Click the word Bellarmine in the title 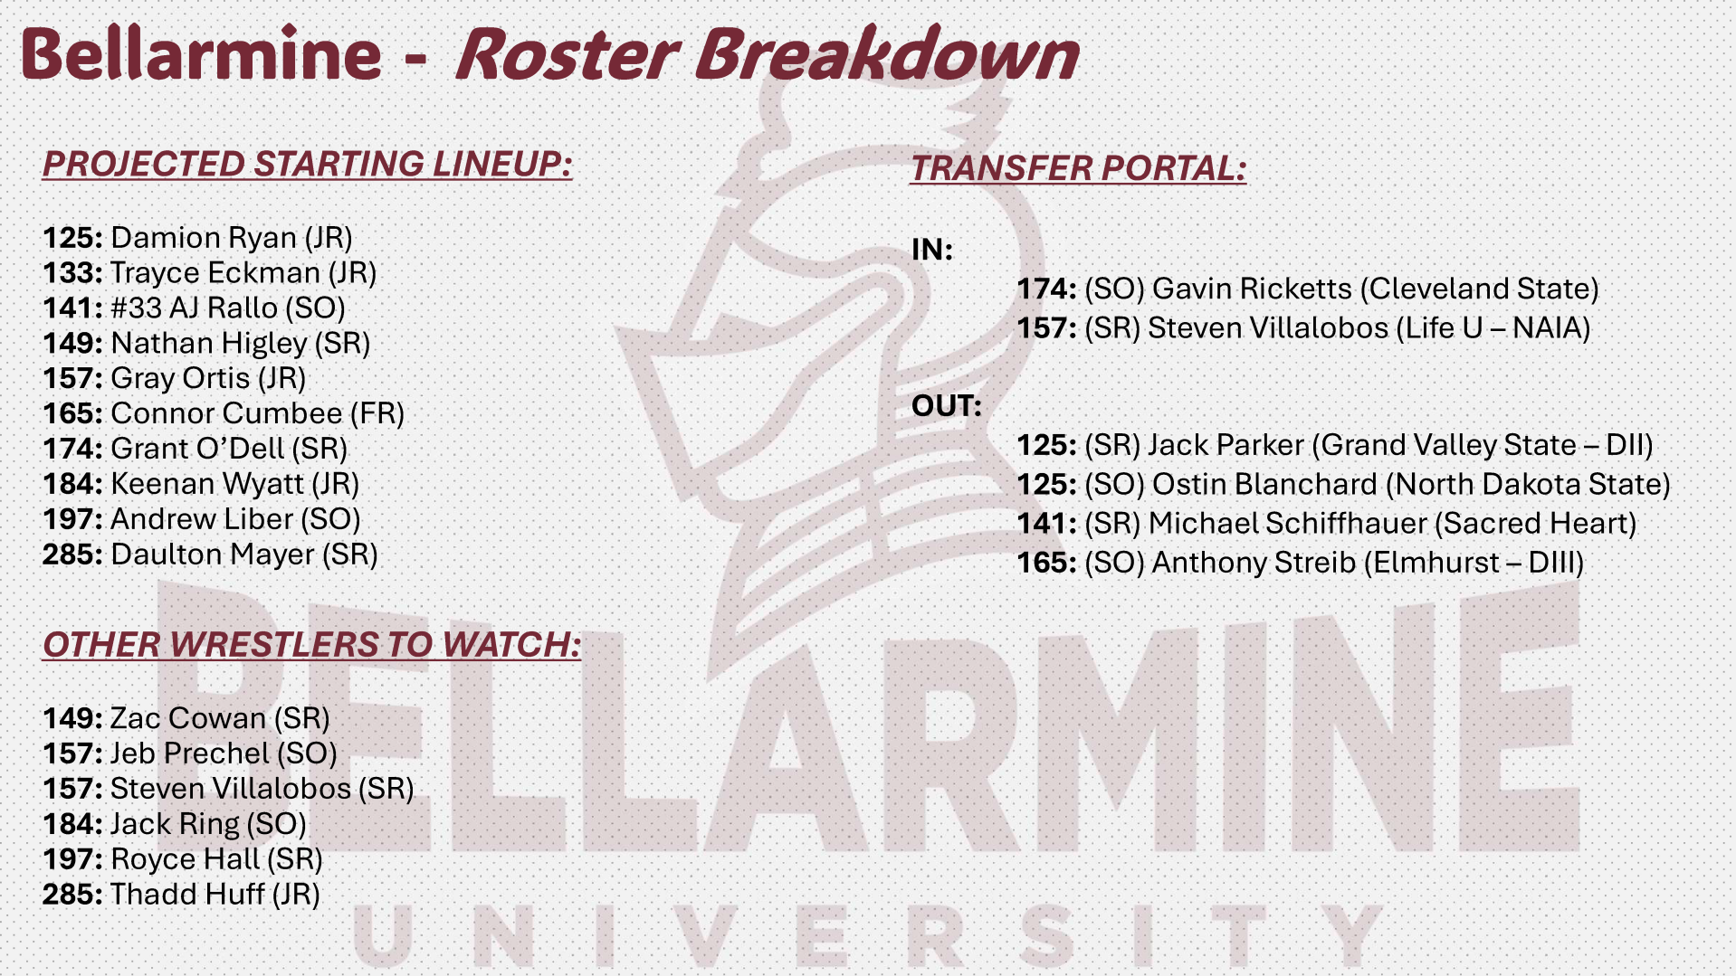pyautogui.click(x=202, y=53)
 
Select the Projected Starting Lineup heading pyautogui.click(x=308, y=165)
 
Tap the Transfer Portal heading pyautogui.click(x=1079, y=168)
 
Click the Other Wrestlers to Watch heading pyautogui.click(x=311, y=645)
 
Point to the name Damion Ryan pyautogui.click(x=204, y=238)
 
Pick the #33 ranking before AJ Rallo pyautogui.click(x=136, y=308)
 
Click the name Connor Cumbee pyautogui.click(x=226, y=413)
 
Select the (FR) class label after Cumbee pyautogui.click(x=377, y=413)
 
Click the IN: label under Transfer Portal pyautogui.click(x=932, y=250)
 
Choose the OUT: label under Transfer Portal pyautogui.click(x=947, y=406)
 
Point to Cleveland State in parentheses pyautogui.click(x=1484, y=289)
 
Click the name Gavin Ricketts pyautogui.click(x=1253, y=289)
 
